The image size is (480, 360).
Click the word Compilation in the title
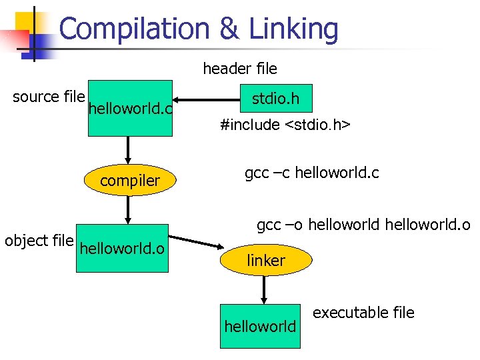(x=133, y=29)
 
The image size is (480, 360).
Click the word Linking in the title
(x=293, y=29)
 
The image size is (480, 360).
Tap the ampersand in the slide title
(x=229, y=29)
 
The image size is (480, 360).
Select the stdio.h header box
(x=275, y=100)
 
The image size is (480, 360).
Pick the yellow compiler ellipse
(x=130, y=181)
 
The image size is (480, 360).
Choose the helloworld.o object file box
(x=122, y=249)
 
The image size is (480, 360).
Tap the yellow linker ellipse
(x=266, y=261)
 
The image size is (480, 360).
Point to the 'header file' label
(x=240, y=68)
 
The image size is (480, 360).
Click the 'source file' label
(x=49, y=97)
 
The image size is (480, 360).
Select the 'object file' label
(x=39, y=241)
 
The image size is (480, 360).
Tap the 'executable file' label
(x=363, y=313)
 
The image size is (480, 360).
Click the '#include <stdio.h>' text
(x=286, y=125)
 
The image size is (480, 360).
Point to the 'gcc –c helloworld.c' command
(x=312, y=173)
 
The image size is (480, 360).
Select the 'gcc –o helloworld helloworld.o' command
(x=363, y=225)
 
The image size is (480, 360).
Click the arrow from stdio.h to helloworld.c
(x=207, y=101)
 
